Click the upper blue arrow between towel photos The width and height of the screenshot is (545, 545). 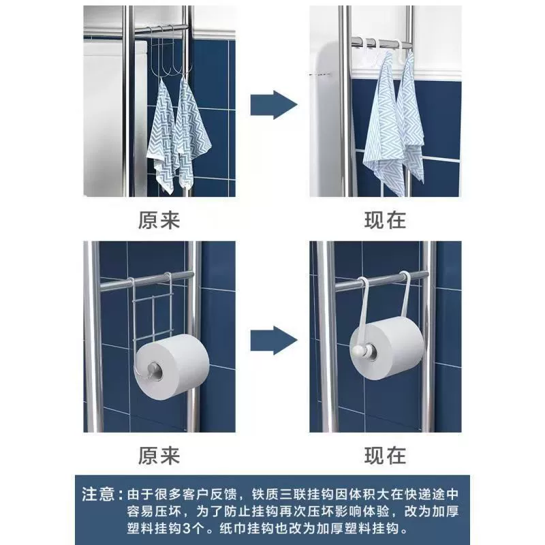274,105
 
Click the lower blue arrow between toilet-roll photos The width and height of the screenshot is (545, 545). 274,340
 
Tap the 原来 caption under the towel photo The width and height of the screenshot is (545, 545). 159,220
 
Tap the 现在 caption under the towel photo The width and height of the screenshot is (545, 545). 385,220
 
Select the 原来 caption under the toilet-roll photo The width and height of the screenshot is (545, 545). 159,456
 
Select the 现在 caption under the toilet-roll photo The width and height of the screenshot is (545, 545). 385,456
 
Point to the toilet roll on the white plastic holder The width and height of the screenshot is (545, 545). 386,350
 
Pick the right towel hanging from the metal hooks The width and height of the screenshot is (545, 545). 192,132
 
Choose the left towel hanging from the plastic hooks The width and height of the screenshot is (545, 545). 384,125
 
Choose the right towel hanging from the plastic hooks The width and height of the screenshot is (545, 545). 411,118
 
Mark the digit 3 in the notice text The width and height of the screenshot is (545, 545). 186,529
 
